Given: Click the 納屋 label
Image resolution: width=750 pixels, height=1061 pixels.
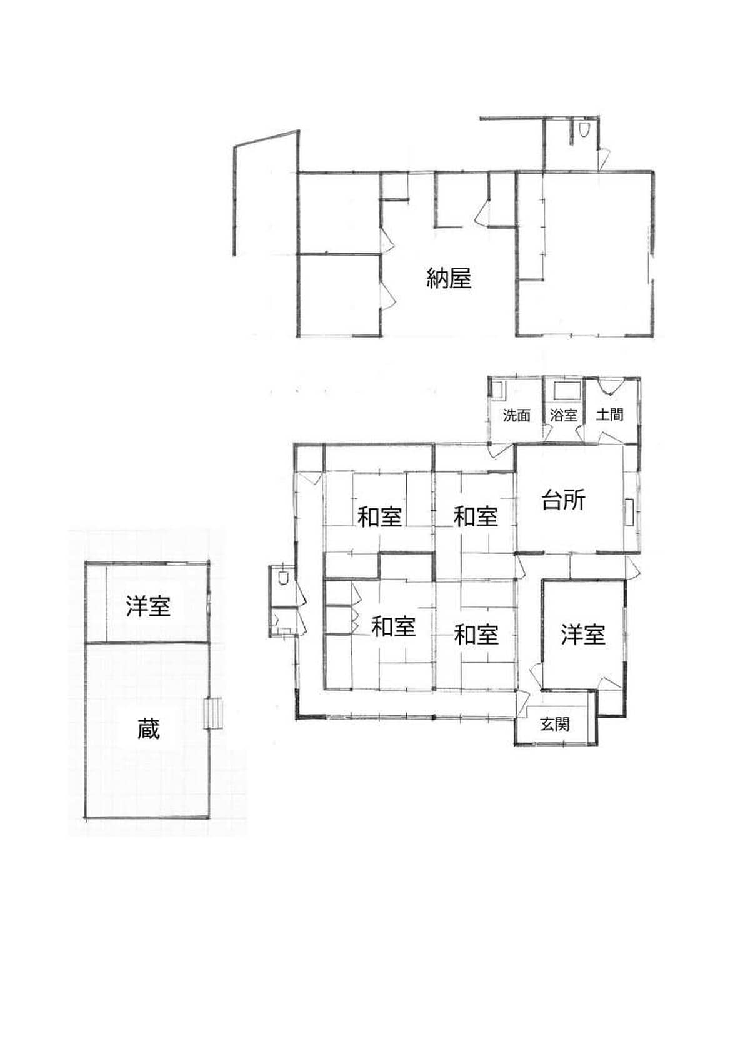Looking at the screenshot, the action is (x=449, y=278).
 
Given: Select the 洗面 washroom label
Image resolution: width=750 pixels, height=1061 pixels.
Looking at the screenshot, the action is (x=516, y=416).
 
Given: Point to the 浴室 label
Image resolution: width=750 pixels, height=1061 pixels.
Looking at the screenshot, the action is (x=564, y=415).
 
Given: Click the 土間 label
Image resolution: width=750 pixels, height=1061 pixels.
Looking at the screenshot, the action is (x=609, y=415).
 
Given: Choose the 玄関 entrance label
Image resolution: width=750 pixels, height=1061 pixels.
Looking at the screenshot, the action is (x=555, y=724).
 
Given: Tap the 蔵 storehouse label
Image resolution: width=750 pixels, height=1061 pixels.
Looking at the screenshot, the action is (x=149, y=729).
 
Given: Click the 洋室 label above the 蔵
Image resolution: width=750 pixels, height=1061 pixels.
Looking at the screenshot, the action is (x=148, y=606).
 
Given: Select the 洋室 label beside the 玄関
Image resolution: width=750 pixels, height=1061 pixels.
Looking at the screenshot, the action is (x=583, y=634).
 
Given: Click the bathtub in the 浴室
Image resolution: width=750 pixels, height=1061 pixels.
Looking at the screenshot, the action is (x=566, y=391).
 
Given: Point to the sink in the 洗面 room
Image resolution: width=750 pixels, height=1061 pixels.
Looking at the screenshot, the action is (x=497, y=390).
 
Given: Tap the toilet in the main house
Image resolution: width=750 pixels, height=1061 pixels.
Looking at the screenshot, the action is (x=282, y=578).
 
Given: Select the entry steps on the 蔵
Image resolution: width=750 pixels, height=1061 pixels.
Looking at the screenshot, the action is (x=213, y=713).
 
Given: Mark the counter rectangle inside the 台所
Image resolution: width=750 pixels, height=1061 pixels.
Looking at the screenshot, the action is (x=631, y=512).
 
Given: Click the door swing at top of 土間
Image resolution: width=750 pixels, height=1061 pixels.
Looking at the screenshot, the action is (x=610, y=386).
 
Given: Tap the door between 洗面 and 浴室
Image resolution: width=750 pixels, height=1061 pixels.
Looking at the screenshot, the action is (x=547, y=433).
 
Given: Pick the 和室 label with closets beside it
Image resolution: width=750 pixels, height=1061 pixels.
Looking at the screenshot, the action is (x=394, y=627).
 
